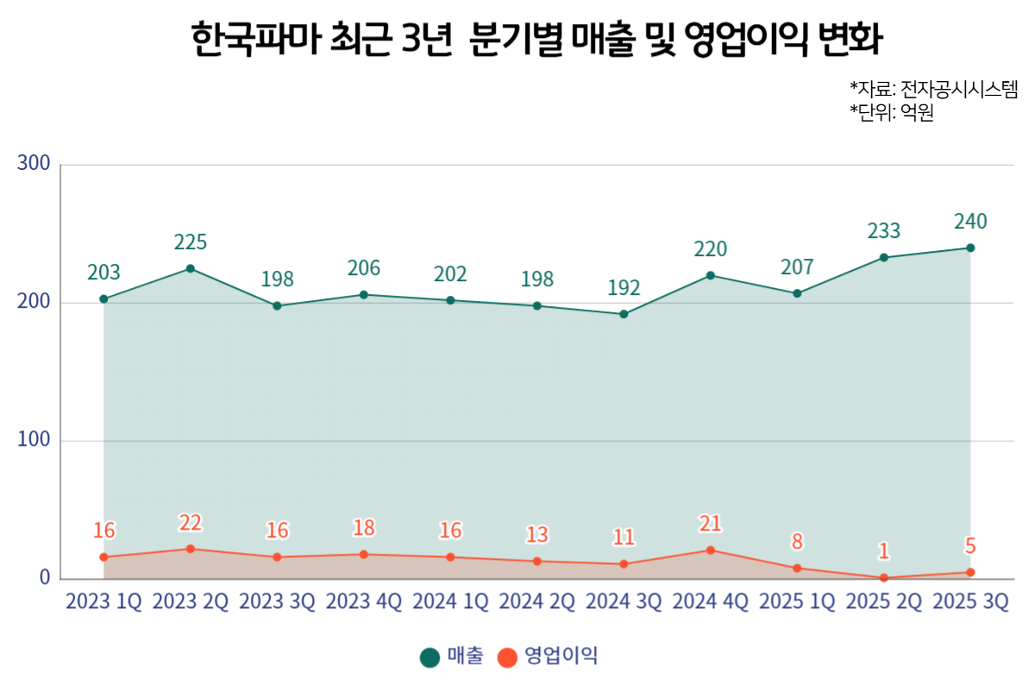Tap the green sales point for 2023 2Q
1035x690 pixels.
coord(191,268)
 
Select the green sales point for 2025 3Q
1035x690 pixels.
coord(970,248)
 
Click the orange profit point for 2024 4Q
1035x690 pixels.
coord(710,549)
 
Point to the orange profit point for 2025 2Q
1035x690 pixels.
coord(884,577)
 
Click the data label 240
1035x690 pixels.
coord(970,222)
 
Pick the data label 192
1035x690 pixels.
coord(624,288)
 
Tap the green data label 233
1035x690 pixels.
coord(884,231)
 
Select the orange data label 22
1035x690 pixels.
coord(191,523)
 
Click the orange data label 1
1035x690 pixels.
coord(884,551)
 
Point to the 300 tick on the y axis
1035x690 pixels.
coord(34,164)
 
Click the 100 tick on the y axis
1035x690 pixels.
coord(34,440)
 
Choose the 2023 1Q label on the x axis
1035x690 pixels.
coord(103,602)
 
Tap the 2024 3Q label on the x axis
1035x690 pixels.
coord(624,602)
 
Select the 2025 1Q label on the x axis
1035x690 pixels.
coord(797,602)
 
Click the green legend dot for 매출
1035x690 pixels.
coord(430,657)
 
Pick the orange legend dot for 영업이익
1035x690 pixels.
coord(507,657)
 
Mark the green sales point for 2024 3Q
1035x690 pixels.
coord(624,314)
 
